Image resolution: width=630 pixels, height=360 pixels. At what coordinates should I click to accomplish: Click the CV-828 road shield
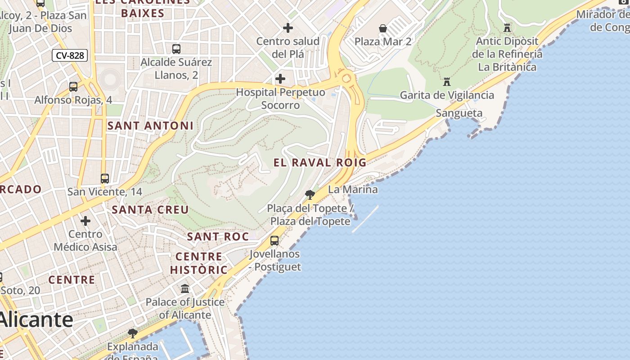point(70,56)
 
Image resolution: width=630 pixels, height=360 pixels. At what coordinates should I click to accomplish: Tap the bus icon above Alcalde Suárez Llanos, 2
point(176,49)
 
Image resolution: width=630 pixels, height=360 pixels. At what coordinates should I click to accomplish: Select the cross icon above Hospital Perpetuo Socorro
point(280,79)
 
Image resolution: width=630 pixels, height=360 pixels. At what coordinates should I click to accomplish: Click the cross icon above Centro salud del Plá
point(288,28)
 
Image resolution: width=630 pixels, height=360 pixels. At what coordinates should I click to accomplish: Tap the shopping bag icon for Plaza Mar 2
point(383,28)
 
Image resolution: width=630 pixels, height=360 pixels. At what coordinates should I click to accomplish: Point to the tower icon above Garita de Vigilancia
point(447,82)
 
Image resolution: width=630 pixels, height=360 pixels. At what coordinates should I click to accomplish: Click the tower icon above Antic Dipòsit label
point(507,28)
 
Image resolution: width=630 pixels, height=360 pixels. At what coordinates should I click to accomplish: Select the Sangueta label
point(459,113)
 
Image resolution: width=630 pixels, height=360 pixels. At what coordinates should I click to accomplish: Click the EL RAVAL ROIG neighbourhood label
point(320,162)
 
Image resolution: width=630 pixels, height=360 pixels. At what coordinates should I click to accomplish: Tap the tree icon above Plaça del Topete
point(310,195)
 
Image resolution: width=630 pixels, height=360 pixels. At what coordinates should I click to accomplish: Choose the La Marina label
point(353,189)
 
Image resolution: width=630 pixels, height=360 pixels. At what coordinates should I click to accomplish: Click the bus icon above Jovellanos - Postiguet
point(274,240)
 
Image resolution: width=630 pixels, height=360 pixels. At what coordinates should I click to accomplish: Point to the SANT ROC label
point(218,237)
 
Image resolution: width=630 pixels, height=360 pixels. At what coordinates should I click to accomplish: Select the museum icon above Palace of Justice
point(185,288)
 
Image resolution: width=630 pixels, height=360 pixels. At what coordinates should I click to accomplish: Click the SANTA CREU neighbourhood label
point(150,210)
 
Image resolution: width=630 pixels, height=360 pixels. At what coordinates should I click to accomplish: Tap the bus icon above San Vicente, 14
point(105,179)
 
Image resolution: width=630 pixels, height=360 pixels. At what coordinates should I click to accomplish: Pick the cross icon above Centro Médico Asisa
point(85,221)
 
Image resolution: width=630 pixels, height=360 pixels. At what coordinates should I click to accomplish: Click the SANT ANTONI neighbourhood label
point(150,126)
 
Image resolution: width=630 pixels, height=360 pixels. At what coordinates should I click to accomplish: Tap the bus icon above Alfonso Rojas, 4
point(73,86)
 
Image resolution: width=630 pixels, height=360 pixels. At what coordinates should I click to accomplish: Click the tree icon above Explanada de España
point(132,333)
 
